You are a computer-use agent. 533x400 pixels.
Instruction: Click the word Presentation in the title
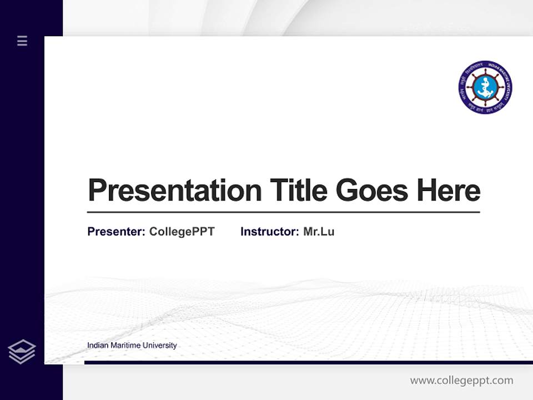click(x=175, y=191)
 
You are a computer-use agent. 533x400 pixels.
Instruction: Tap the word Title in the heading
click(x=299, y=191)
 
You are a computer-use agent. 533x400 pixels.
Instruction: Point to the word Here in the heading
click(x=449, y=191)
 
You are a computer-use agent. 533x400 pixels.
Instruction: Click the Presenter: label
click(x=117, y=232)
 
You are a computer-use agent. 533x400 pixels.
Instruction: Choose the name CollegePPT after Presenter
click(x=182, y=232)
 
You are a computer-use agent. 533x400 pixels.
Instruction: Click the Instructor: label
click(x=270, y=232)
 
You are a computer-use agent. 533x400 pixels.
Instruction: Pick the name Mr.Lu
click(x=319, y=232)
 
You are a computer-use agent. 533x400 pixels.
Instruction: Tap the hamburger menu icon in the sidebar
click(x=22, y=41)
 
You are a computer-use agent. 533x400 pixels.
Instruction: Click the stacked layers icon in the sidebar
click(x=22, y=352)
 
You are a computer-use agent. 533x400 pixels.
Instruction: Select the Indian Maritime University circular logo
click(x=485, y=88)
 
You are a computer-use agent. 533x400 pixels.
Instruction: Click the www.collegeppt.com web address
click(x=461, y=381)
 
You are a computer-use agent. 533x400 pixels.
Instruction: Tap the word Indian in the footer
click(x=98, y=346)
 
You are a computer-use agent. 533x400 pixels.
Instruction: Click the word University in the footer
click(x=159, y=346)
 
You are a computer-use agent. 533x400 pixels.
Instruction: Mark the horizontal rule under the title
click(x=283, y=212)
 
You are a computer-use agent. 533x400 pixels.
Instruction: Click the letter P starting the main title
click(x=97, y=191)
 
